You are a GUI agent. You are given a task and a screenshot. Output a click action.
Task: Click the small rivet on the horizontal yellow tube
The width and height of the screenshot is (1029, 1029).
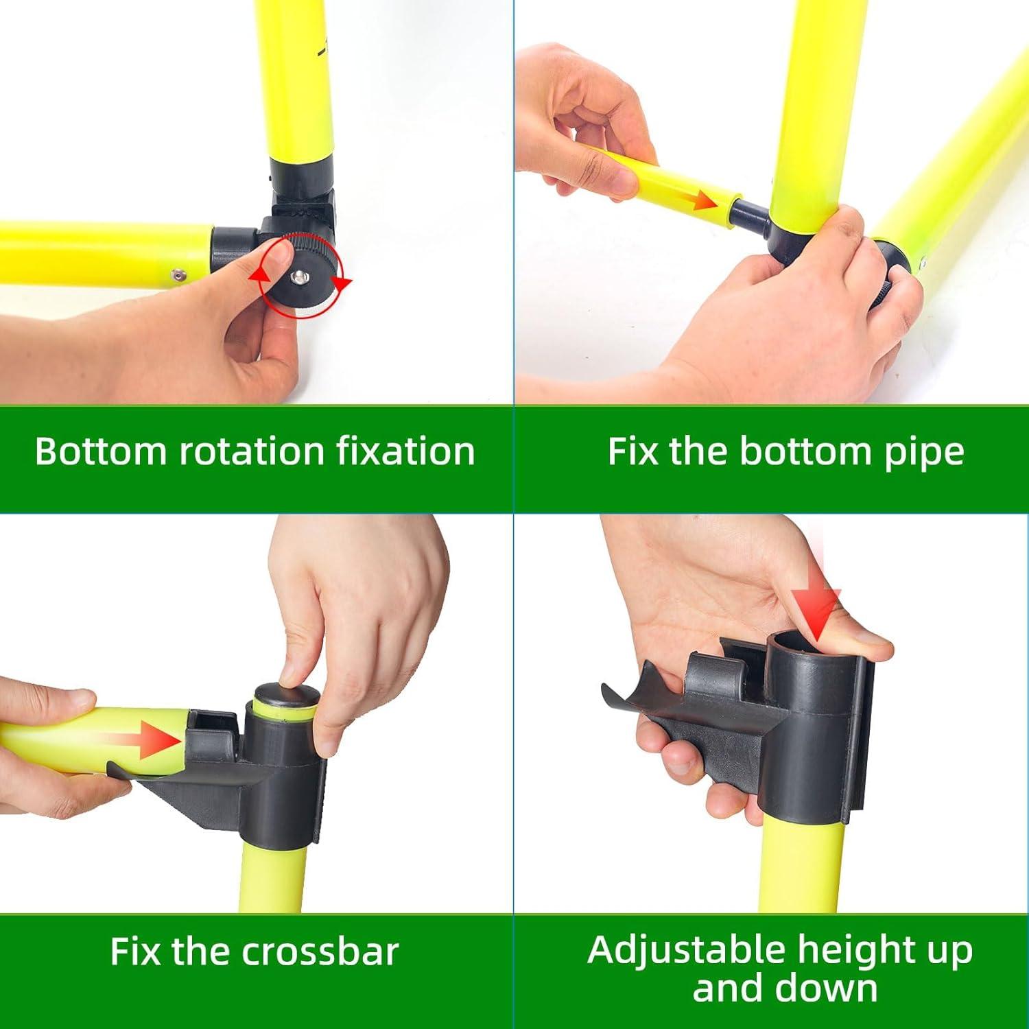tap(178, 274)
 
